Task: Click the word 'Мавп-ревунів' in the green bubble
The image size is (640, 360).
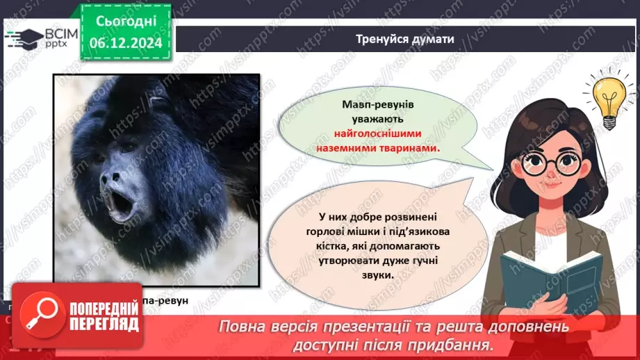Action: [x=379, y=104]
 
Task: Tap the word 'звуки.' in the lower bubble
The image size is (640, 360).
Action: [x=377, y=275]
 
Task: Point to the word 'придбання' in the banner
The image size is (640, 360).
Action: [x=452, y=344]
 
